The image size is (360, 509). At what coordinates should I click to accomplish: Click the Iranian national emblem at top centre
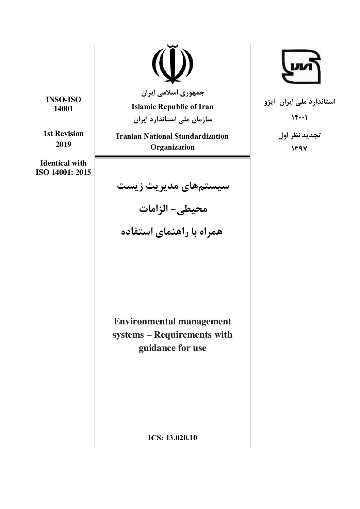pos(172,64)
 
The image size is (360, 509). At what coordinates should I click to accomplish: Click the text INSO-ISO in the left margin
pos(64,100)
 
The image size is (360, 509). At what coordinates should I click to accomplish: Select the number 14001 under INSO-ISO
pos(64,109)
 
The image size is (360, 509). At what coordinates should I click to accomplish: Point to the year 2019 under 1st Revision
pos(63,145)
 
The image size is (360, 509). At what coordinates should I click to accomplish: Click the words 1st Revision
pos(63,134)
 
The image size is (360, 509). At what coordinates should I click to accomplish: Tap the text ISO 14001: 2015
pos(63,172)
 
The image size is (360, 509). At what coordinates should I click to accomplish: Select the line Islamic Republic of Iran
pos(173,107)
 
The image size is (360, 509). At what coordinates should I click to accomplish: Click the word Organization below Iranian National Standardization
pos(173,147)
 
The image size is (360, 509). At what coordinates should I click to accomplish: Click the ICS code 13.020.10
pos(181,438)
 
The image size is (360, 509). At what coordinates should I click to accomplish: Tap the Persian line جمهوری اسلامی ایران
pos(173,92)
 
